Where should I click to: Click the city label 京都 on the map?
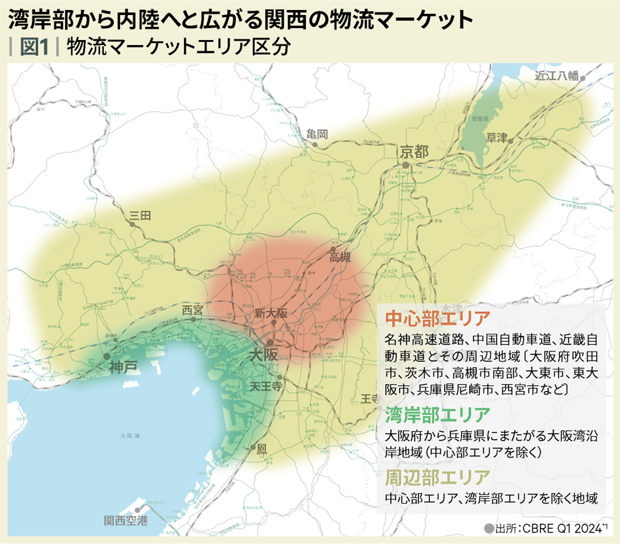pyautogui.click(x=414, y=152)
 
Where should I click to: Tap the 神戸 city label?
pyautogui.click(x=123, y=367)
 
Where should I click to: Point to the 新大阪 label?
pyautogui.click(x=271, y=313)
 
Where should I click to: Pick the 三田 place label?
pyautogui.click(x=140, y=215)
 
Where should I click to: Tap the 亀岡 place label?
pyautogui.click(x=318, y=134)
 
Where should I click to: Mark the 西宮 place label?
pyautogui.click(x=192, y=309)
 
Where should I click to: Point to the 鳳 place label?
pyautogui.click(x=262, y=449)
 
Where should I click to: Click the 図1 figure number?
pyautogui.click(x=35, y=48)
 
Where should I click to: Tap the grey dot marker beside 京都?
pyautogui.click(x=406, y=165)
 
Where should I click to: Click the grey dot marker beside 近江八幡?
pyautogui.click(x=583, y=78)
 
